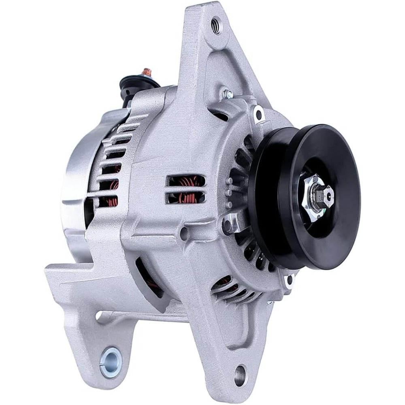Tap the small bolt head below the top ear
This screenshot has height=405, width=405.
(x=228, y=94)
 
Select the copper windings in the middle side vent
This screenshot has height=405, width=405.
(x=186, y=190)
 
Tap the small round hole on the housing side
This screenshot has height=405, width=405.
(x=185, y=232)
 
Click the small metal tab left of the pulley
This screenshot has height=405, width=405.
(x=232, y=221)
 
